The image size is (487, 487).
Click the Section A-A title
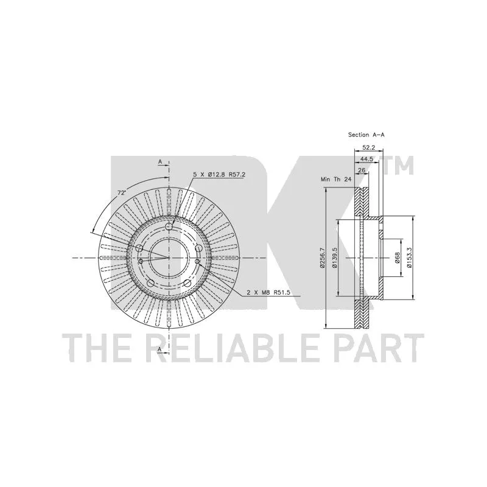click(366, 135)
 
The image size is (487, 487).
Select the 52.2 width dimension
click(368, 148)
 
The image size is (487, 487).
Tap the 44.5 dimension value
click(366, 159)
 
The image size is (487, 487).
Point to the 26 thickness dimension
click(362, 170)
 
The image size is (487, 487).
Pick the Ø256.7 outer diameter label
click(322, 258)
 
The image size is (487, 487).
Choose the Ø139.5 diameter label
click(334, 258)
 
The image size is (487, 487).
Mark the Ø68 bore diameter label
click(398, 258)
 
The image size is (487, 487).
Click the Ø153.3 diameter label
click(409, 258)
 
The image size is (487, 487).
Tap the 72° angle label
click(121, 193)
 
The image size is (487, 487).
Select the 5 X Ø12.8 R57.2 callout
click(219, 175)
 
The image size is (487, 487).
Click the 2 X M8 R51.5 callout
click(268, 292)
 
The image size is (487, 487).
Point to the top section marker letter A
click(160, 161)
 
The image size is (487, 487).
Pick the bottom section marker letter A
click(160, 349)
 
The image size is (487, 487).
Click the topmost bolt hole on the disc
click(169, 226)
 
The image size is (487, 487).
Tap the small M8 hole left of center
click(141, 262)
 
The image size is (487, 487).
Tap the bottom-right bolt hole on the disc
click(187, 283)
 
